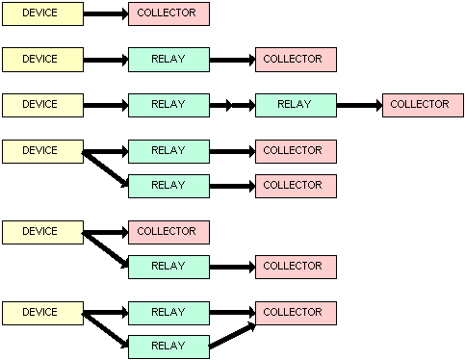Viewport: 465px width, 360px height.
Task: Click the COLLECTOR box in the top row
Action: click(168, 13)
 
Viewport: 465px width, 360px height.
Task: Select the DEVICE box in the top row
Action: click(42, 13)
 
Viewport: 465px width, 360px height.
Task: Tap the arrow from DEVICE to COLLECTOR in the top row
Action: click(105, 13)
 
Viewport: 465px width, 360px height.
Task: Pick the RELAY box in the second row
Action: click(168, 60)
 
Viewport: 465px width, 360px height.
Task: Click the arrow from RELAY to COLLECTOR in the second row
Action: click(232, 60)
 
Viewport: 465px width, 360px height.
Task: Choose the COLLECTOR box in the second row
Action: click(296, 60)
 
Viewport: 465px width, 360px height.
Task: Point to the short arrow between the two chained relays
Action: click(232, 105)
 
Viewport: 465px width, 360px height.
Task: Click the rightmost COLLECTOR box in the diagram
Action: click(423, 105)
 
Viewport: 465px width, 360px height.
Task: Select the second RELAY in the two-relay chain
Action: click(296, 105)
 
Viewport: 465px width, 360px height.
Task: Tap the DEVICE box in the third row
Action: click(42, 105)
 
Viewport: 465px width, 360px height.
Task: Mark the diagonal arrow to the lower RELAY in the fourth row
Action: click(105, 168)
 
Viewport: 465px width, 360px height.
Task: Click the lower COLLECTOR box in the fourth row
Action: click(296, 186)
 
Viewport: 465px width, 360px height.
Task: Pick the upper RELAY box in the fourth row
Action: click(168, 151)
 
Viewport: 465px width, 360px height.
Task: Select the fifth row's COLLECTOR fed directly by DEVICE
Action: click(168, 232)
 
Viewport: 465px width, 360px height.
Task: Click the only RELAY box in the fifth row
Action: click(168, 267)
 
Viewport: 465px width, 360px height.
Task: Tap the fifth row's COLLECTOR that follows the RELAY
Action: click(296, 267)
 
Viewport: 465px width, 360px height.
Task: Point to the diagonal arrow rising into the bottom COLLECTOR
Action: click(232, 335)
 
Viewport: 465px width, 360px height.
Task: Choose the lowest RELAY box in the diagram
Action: click(168, 347)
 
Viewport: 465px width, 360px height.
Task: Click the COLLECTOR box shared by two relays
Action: click(296, 313)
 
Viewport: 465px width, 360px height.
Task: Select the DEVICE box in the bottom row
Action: click(42, 313)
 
